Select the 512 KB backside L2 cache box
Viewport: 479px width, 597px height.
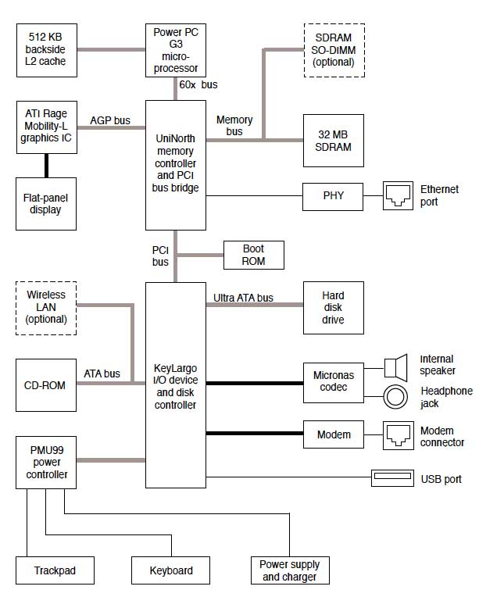47,49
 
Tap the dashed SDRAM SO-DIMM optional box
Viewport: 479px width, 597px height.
333,49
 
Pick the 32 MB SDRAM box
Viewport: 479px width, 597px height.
333,141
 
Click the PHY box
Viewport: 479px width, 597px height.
333,195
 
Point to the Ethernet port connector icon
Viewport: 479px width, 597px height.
398,196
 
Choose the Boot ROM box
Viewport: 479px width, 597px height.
253,255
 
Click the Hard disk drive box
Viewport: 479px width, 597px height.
333,308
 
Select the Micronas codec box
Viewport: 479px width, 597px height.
333,382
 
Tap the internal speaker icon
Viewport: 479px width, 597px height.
397,365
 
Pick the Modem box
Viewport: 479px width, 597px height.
333,434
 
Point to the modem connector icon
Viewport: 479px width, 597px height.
398,434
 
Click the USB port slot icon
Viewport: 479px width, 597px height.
392,477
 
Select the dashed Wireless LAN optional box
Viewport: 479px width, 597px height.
47,308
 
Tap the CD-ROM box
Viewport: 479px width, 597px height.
47,385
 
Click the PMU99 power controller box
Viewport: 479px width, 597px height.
47,463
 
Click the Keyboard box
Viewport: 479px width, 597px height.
171,570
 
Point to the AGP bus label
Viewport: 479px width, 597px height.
110,120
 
